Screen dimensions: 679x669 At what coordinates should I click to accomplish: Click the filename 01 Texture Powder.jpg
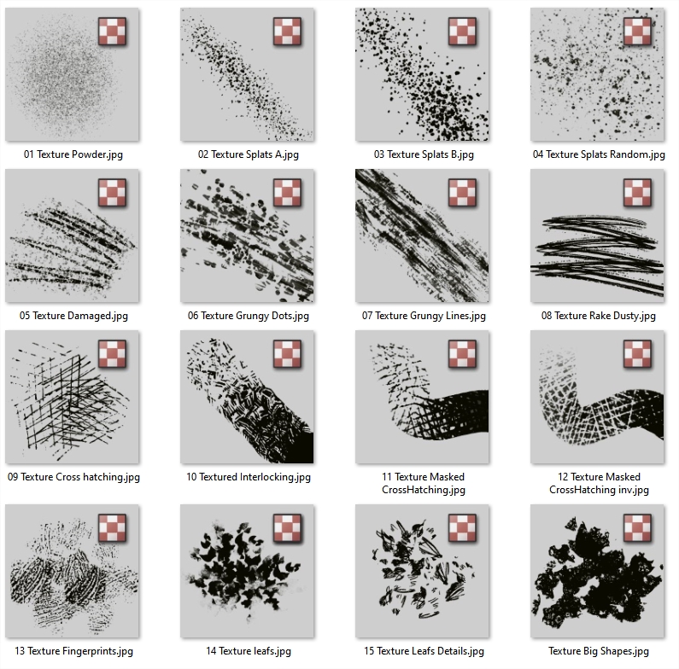(x=73, y=154)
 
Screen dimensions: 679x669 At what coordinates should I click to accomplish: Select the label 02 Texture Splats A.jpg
(x=249, y=154)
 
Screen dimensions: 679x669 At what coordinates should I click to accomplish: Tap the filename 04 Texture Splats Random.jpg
(x=599, y=154)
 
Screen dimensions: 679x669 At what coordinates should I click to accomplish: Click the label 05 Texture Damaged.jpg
(x=73, y=316)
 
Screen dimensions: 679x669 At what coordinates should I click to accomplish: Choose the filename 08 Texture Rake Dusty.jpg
(x=599, y=316)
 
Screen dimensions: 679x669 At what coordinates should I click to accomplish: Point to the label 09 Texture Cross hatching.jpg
(x=73, y=477)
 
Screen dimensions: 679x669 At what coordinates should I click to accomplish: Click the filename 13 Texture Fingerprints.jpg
(x=73, y=651)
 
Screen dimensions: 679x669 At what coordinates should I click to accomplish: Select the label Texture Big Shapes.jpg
(x=599, y=651)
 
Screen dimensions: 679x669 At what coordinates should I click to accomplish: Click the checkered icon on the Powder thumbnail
(x=112, y=32)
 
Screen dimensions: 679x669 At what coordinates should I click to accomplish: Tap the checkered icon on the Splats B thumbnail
(x=462, y=32)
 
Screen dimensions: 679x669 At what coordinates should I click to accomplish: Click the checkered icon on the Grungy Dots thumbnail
(x=287, y=193)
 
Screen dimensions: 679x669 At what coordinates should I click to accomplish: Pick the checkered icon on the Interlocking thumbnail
(x=287, y=354)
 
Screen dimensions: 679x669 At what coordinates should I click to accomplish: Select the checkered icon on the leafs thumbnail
(x=287, y=528)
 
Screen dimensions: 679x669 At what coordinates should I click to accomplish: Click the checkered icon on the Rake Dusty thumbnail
(x=637, y=193)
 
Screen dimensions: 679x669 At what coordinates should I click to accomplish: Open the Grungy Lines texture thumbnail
(x=422, y=236)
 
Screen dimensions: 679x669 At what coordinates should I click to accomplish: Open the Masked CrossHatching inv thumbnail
(x=597, y=397)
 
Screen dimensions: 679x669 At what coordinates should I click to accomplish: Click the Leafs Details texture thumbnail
(x=422, y=571)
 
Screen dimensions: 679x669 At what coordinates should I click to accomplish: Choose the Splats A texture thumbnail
(x=248, y=74)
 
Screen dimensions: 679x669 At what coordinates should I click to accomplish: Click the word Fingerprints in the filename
(x=97, y=651)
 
